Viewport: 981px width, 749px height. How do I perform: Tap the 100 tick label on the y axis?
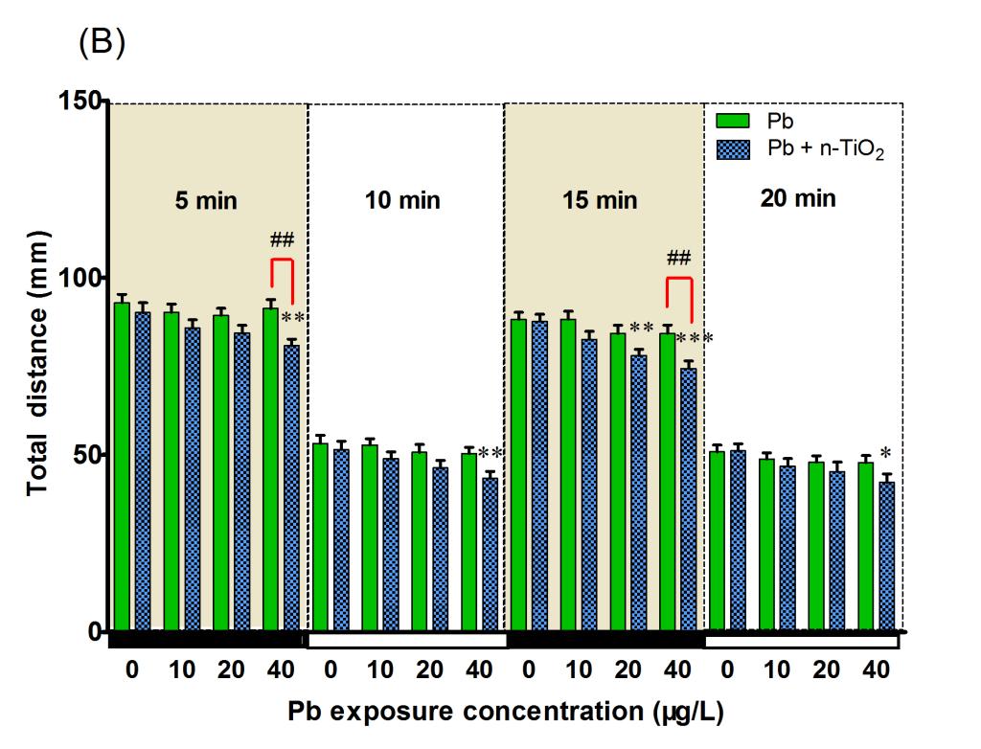[79, 278]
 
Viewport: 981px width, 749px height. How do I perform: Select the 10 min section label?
[402, 200]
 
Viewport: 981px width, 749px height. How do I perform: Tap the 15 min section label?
[600, 200]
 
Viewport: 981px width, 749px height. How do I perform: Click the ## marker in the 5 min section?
[281, 239]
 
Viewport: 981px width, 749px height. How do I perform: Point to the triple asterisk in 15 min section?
[695, 339]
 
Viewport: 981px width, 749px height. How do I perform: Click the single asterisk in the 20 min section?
[886, 453]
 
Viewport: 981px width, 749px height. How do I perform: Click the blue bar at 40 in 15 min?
[688, 498]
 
